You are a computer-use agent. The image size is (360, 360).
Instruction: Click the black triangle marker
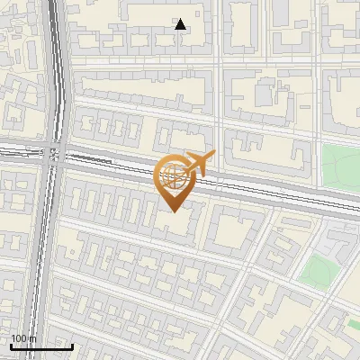pyautogui.click(x=180, y=24)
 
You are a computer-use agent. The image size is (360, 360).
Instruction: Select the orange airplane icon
pyautogui.click(x=199, y=165)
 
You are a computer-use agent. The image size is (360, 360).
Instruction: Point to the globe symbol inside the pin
pyautogui.click(x=171, y=175)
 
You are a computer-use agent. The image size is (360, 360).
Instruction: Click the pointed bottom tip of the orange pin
pyautogui.click(x=172, y=211)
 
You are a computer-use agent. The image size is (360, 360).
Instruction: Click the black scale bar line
pyautogui.click(x=41, y=346)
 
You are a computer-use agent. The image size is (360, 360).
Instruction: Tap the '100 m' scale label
pyautogui.click(x=23, y=338)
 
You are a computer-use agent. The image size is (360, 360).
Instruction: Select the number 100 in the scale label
pyautogui.click(x=19, y=338)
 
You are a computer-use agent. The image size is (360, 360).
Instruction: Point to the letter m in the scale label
pyautogui.click(x=33, y=338)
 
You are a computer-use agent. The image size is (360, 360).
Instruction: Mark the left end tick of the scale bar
pyautogui.click(x=10, y=345)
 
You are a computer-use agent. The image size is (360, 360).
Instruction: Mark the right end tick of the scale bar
pyautogui.click(x=73, y=345)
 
